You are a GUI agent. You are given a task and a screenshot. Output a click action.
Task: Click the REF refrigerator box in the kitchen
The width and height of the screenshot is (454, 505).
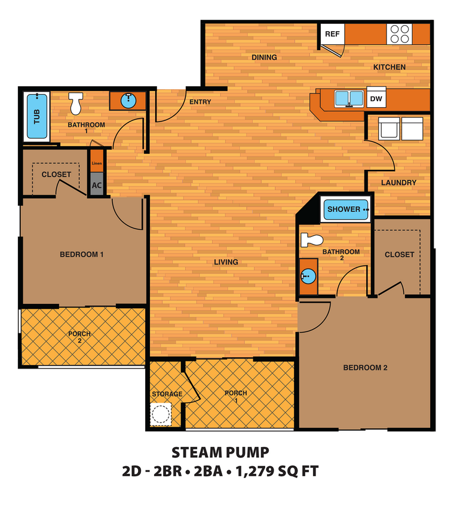click(332, 34)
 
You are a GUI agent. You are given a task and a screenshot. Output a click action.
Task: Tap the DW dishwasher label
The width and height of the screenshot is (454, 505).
click(376, 99)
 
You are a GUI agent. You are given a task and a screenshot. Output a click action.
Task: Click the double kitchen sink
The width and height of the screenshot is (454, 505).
click(349, 98)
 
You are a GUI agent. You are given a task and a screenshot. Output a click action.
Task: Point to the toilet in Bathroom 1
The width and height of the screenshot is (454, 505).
click(75, 104)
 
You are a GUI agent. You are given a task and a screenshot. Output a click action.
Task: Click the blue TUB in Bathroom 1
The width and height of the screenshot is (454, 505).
click(37, 116)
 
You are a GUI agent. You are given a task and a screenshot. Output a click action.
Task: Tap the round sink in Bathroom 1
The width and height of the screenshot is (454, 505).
click(128, 100)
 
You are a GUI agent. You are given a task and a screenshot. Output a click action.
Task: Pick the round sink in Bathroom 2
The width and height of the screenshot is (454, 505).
click(308, 276)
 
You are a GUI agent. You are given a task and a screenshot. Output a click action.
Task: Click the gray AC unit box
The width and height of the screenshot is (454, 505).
click(97, 185)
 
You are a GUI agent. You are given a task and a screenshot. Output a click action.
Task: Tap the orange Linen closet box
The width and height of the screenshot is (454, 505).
click(97, 162)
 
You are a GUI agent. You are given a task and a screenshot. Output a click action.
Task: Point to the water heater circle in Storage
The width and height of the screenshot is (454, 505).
click(160, 414)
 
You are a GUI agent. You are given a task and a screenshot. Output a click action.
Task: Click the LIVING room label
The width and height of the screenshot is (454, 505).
click(226, 262)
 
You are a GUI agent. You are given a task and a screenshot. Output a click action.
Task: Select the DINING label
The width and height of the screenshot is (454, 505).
click(264, 57)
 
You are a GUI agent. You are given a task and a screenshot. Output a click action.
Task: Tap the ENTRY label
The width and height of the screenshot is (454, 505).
click(200, 102)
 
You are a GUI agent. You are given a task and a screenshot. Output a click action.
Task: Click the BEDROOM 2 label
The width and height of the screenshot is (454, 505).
click(365, 367)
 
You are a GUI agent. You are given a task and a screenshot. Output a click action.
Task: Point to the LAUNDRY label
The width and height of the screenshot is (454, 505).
click(398, 182)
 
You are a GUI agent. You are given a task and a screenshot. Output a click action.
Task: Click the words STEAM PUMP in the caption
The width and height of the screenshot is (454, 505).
click(220, 452)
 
